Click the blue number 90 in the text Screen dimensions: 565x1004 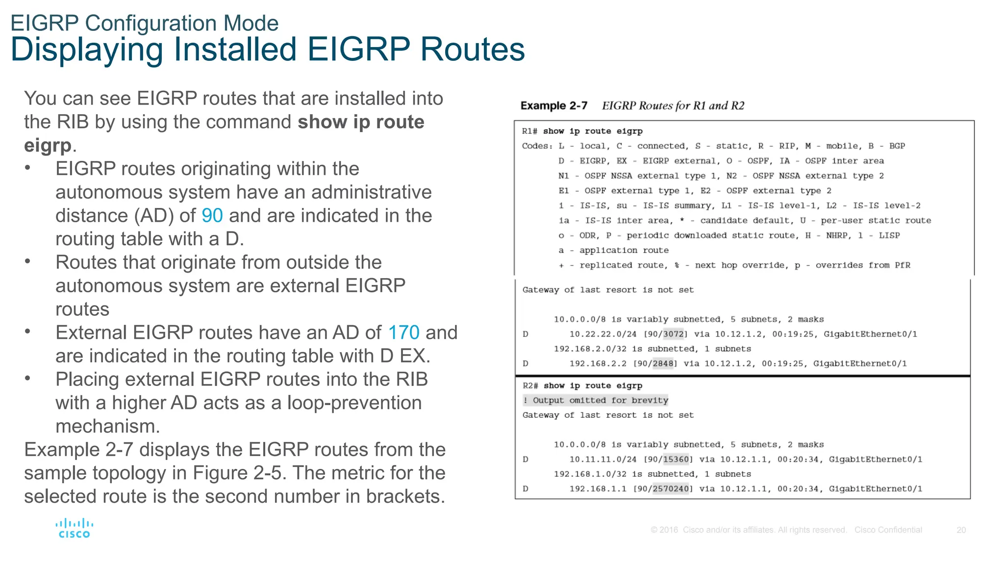[212, 216]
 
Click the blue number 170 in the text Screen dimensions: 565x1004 [403, 333]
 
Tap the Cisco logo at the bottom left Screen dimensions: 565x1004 [74, 529]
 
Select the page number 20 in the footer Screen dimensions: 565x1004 [961, 530]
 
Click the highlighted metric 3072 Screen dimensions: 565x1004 [673, 334]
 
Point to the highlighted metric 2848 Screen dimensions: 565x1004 [663, 364]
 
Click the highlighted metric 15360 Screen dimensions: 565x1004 [676, 460]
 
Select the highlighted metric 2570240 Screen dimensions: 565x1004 [671, 489]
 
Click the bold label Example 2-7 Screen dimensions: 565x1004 [553, 106]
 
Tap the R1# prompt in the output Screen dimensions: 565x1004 [529, 131]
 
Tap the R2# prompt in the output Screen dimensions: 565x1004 [530, 386]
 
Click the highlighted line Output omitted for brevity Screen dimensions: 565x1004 [596, 401]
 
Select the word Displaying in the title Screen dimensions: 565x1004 [86, 50]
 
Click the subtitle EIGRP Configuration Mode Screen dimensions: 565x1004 [144, 23]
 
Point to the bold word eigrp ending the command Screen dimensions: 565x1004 [48, 146]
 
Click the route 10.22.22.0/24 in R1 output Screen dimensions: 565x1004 [602, 334]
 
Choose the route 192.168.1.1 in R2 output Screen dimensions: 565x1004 [598, 489]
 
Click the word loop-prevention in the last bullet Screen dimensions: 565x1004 [354, 403]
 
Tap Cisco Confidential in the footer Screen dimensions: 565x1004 [888, 530]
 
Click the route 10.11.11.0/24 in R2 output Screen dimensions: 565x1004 [602, 460]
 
